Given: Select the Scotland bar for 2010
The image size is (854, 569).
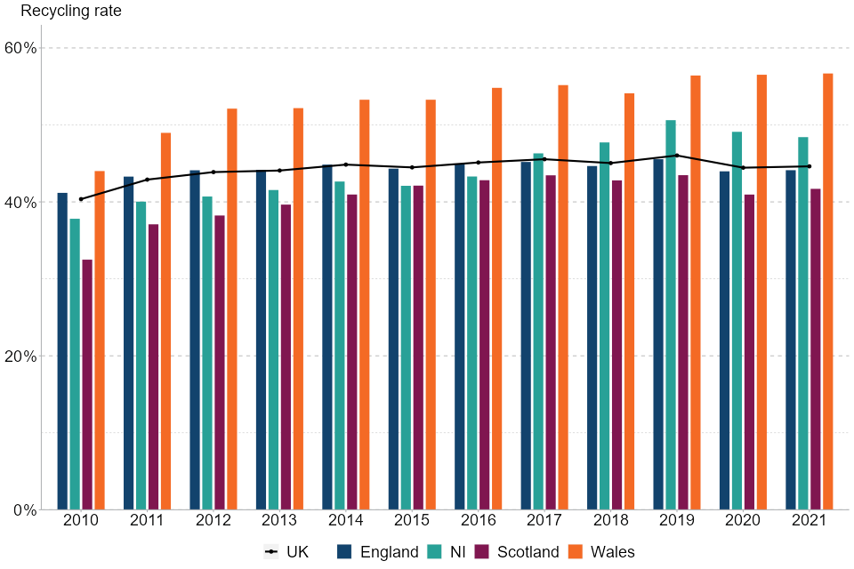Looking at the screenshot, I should pos(87,384).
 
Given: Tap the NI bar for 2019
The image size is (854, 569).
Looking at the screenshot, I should pos(671,315).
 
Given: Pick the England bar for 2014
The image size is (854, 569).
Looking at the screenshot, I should pos(327,337).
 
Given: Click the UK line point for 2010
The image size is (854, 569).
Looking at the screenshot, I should pos(81,199).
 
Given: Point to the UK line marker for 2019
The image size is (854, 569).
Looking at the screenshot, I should pos(677,156).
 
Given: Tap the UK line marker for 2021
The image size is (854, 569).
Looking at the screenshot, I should pos(809,166).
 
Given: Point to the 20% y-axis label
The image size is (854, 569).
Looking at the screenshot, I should pos(21,356).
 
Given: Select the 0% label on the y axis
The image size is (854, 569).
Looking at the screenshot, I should pos(25,509).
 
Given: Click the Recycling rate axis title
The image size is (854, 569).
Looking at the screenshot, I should pos(71,12).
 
